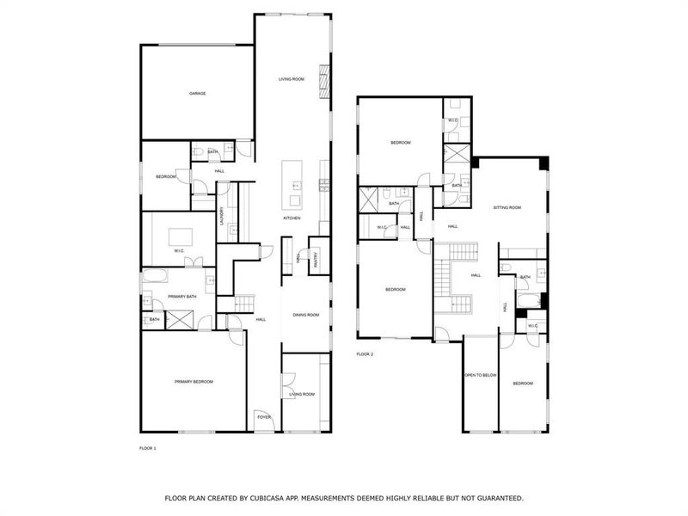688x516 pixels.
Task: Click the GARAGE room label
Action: tap(198, 93)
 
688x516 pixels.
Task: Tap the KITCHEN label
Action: tap(292, 218)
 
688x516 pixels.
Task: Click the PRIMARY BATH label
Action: tap(182, 297)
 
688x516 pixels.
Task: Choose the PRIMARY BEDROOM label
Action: tap(193, 382)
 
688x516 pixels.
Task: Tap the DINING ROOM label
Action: tap(305, 315)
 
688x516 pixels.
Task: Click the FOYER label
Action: tap(264, 417)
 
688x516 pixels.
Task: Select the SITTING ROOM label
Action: tap(507, 207)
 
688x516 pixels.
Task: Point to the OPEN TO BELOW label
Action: tap(481, 376)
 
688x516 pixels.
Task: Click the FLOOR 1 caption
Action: tap(148, 448)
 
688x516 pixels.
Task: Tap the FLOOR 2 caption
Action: tap(365, 353)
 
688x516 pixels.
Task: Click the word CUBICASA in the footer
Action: tap(287, 498)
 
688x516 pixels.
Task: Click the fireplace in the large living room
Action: tap(324, 82)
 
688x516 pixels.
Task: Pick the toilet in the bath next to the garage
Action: tap(199, 153)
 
